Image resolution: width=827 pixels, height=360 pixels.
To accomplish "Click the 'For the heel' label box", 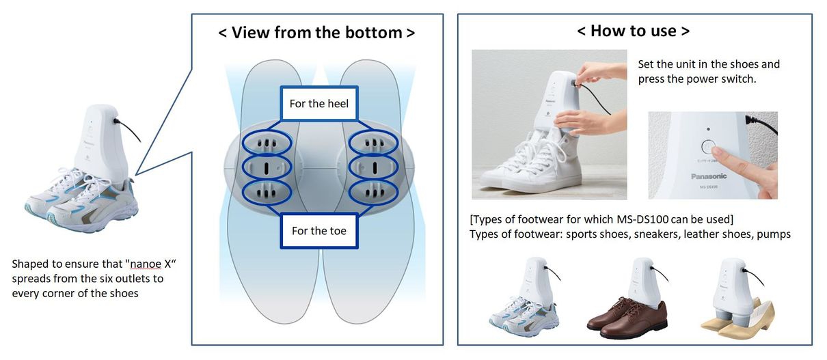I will click(x=319, y=104).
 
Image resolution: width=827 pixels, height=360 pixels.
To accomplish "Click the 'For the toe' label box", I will click(x=318, y=231).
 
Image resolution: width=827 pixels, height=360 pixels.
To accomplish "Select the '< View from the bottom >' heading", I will click(x=316, y=32).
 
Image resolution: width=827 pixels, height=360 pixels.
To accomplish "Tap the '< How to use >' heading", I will click(x=633, y=31).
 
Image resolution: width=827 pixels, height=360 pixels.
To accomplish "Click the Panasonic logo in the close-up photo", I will click(x=707, y=176).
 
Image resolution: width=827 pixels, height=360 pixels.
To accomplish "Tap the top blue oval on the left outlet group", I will click(x=267, y=143).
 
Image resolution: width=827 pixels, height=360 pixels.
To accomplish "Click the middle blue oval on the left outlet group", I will click(x=267, y=167).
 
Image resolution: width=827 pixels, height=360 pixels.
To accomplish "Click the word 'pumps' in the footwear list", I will click(x=772, y=234).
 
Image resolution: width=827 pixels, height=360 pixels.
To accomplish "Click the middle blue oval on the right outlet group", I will click(x=370, y=167).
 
